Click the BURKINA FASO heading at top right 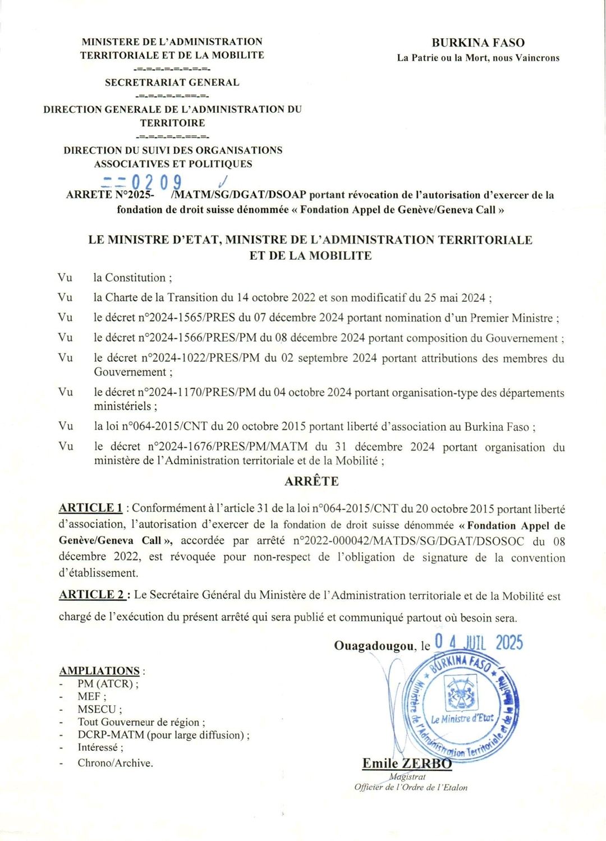(x=478, y=43)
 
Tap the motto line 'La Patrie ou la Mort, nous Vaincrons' (x=478, y=58)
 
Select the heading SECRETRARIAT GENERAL (x=172, y=82)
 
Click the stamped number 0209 (x=157, y=182)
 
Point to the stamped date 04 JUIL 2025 (x=479, y=642)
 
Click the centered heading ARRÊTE (x=311, y=481)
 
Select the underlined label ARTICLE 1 (x=91, y=508)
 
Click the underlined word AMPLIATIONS (x=100, y=671)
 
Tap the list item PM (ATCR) (x=107, y=684)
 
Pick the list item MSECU (x=99, y=709)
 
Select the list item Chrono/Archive (x=115, y=763)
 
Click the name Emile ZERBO (x=407, y=764)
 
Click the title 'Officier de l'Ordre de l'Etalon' (x=411, y=788)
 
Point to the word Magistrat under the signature (x=408, y=777)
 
